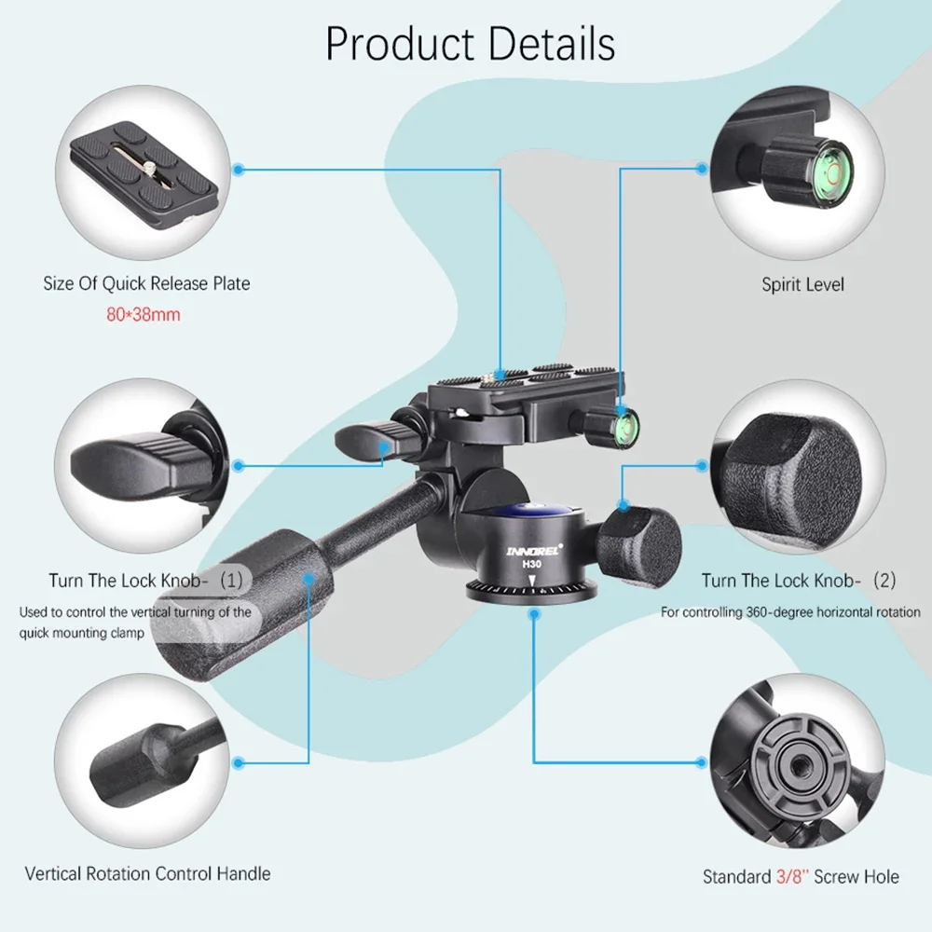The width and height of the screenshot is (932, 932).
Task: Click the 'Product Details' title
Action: (470, 44)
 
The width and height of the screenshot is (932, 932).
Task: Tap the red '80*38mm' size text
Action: (143, 314)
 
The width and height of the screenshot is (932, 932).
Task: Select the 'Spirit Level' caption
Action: (802, 283)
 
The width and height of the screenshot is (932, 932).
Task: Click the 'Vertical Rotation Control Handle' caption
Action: (147, 873)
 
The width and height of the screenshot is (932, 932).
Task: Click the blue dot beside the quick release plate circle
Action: (239, 170)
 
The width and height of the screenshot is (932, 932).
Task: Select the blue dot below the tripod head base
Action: (534, 614)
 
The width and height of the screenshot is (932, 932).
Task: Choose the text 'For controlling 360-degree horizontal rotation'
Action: (790, 612)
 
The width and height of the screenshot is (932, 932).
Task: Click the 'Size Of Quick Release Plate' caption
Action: (146, 283)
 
